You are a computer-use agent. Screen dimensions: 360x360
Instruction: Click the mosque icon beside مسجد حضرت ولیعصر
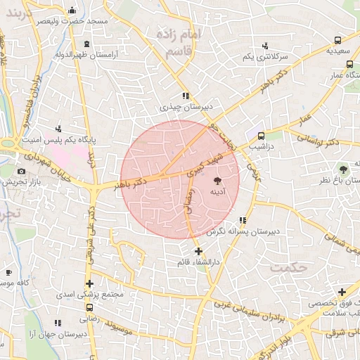72,11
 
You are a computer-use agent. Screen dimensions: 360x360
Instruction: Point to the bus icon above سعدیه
337,41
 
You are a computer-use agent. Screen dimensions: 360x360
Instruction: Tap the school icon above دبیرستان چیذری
185,96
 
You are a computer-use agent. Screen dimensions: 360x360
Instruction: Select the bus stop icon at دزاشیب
261,136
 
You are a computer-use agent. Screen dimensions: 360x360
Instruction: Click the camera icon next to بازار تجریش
21,171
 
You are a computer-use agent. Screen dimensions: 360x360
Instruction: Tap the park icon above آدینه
216,180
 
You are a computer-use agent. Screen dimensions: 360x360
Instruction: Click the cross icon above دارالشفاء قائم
198,250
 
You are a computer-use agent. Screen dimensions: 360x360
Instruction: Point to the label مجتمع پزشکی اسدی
94,294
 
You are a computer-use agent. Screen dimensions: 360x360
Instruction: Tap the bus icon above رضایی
89,307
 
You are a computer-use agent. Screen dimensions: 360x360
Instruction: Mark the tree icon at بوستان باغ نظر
343,169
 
